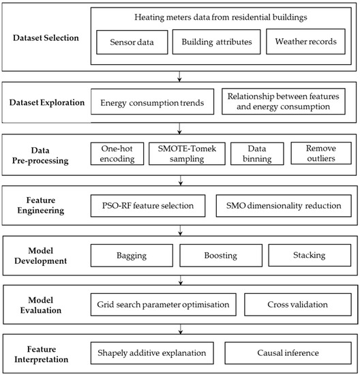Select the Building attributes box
pos(216,42)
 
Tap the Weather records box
pos(305,42)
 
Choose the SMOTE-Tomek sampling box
pos(189,153)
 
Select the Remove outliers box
pos(318,153)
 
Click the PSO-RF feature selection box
pos(147,205)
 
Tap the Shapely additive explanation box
pos(151,353)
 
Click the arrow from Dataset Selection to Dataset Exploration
pos(180,77)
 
